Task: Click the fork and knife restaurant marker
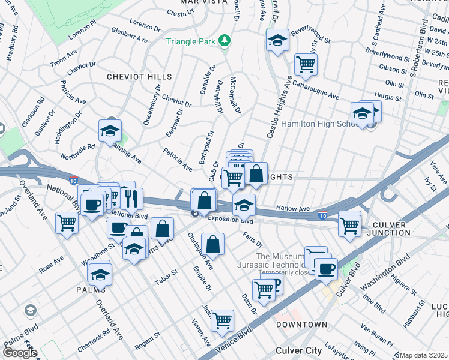tap(131, 198)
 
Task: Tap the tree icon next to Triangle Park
tap(224, 41)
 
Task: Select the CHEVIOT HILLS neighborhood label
tap(139, 77)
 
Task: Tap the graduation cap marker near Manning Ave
tap(110, 130)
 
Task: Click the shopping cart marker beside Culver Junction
tap(349, 224)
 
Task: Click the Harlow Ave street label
tap(292, 209)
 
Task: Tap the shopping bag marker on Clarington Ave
tap(212, 244)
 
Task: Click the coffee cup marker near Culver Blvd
tap(326, 268)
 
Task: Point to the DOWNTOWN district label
tap(302, 325)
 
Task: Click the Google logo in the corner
tap(19, 353)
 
